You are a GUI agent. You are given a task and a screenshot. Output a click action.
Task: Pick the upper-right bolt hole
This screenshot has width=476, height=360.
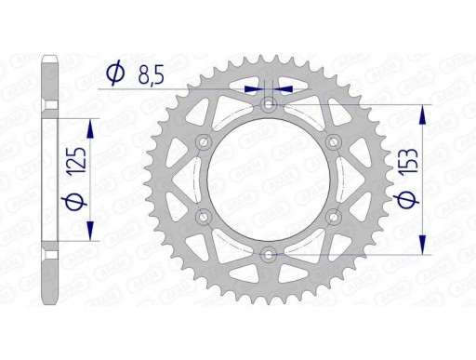click(333, 141)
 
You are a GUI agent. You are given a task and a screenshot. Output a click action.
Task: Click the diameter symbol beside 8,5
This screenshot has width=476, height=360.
click(115, 73)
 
